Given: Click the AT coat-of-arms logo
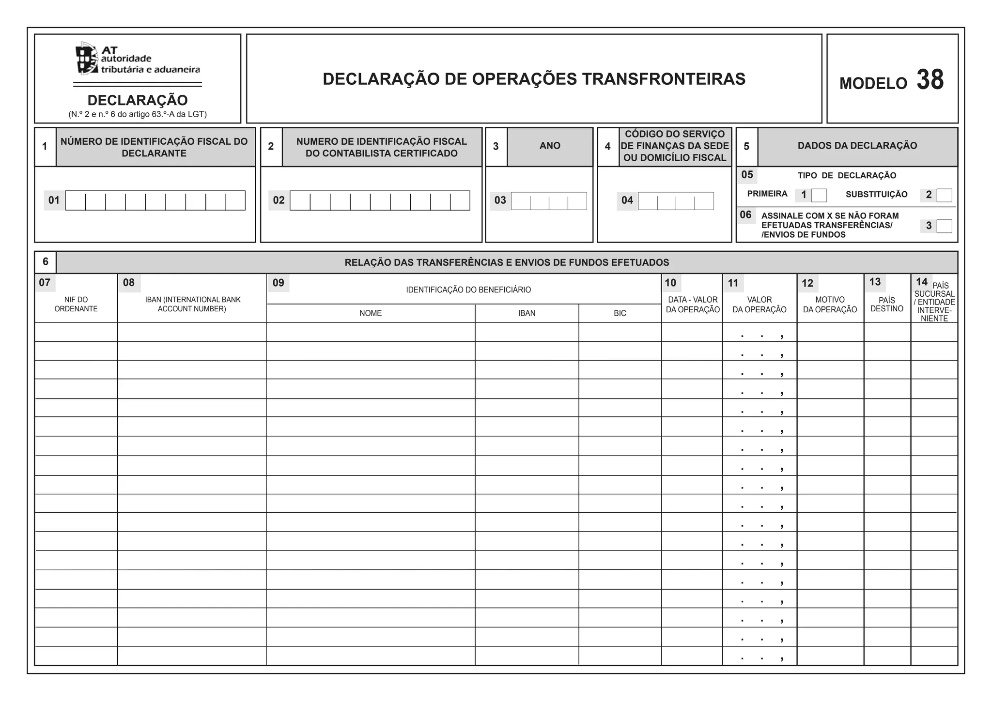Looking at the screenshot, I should [x=87, y=59].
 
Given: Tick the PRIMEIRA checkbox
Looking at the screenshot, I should [x=819, y=195].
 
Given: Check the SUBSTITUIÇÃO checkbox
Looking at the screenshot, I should [x=944, y=195].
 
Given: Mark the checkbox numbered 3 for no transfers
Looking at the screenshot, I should [x=944, y=226].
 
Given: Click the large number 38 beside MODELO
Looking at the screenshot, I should [x=930, y=80].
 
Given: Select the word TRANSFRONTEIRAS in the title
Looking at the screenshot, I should [x=664, y=79].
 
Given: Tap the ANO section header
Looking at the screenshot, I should [x=550, y=146].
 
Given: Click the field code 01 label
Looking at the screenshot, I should [x=54, y=200].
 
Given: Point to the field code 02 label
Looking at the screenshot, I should [x=279, y=200].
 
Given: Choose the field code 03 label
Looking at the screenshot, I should [x=500, y=200].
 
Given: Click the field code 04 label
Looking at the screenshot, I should [x=627, y=200].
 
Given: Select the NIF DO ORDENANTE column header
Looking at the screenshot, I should [x=76, y=304].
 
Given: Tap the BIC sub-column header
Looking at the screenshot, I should [x=620, y=313].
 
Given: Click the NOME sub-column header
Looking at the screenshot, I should [x=371, y=313].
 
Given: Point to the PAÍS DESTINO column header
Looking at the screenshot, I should [x=886, y=305].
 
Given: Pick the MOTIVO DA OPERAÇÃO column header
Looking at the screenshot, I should [x=830, y=305].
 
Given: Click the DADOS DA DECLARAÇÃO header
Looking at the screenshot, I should [x=857, y=146].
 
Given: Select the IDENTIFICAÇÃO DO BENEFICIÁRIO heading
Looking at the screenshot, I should [x=468, y=290].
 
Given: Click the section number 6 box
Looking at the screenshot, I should [x=46, y=262].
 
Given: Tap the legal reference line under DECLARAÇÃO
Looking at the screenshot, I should [x=138, y=115].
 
